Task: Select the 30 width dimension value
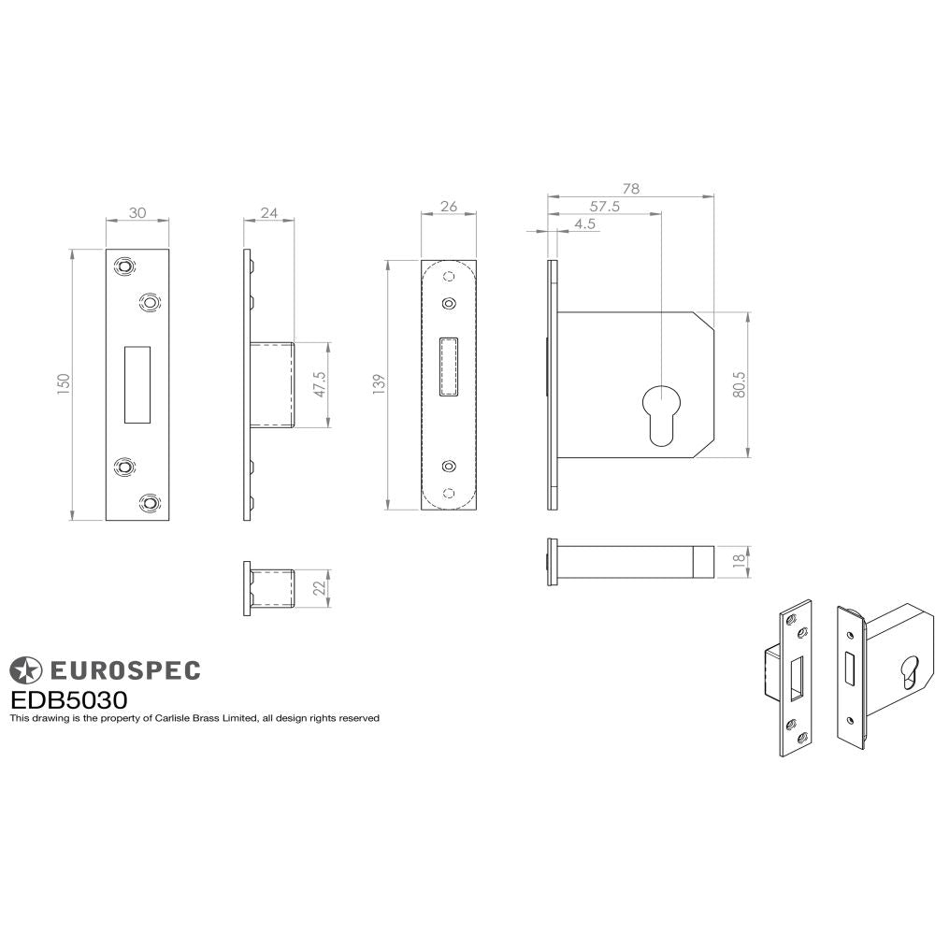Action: pos(137,212)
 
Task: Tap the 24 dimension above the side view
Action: pos(268,212)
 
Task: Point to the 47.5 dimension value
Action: pos(319,385)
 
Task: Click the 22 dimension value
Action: pos(319,588)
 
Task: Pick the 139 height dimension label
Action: pos(377,385)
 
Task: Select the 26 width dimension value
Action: pos(448,207)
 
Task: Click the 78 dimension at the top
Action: pos(630,189)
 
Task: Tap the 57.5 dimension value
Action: pos(604,207)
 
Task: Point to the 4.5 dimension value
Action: pos(585,223)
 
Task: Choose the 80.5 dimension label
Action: pos(739,385)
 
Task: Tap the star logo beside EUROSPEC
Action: pos(25,669)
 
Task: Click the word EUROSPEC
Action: pos(123,669)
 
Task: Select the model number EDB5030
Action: pos(68,699)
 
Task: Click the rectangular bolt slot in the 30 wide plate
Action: pos(137,384)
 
